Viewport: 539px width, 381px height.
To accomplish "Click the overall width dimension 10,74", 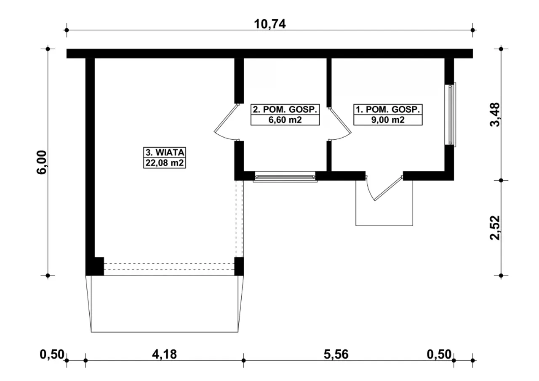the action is (x=270, y=24).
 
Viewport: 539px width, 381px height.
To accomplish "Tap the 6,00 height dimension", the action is (x=41, y=162).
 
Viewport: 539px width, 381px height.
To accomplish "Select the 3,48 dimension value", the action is (x=495, y=115).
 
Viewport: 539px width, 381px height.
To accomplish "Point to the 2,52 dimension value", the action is (x=495, y=228).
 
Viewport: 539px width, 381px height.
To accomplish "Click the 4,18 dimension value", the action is (x=164, y=354).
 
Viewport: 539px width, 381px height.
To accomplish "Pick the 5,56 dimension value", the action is (x=336, y=354).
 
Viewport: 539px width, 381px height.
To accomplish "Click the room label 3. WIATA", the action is (x=165, y=152).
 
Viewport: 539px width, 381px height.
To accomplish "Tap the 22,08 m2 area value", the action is (x=165, y=163).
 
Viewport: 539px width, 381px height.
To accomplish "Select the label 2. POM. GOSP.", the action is (x=285, y=109).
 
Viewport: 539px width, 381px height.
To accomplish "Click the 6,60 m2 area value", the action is (x=285, y=120).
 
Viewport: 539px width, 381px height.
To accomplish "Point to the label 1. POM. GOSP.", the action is (x=388, y=109).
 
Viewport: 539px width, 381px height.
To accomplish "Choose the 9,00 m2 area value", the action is (x=388, y=120).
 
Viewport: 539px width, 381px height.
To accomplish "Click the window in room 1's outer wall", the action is (x=451, y=115).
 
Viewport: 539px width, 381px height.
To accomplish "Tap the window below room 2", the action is (x=285, y=177).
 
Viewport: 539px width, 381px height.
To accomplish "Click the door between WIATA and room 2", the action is (x=226, y=122).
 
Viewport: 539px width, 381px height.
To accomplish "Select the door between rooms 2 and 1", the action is (x=339, y=124).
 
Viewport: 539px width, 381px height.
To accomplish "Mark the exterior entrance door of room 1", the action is (x=384, y=188).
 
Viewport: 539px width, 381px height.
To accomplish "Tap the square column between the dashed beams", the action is (x=239, y=266).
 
